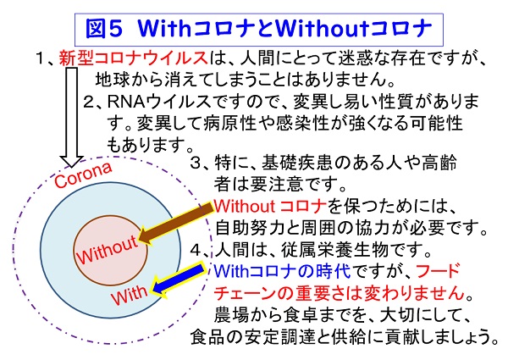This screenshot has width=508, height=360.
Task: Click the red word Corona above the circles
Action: [x=83, y=174]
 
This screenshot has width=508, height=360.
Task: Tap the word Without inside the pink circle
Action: [x=107, y=250]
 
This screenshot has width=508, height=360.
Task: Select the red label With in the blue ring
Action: [x=129, y=295]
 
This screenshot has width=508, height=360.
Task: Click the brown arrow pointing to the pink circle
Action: [x=177, y=222]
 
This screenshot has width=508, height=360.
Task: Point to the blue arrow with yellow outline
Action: [x=178, y=280]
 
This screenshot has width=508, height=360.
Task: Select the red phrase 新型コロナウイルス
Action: [x=133, y=58]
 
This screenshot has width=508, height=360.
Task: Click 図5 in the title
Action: [x=104, y=29]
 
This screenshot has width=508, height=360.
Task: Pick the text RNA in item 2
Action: [x=126, y=102]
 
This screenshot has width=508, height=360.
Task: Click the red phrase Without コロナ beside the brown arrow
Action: [x=270, y=206]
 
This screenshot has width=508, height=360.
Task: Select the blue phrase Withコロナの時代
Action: [x=282, y=271]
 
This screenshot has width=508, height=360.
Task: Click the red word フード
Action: [x=438, y=271]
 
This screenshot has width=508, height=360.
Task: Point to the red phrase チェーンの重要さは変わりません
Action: [x=340, y=293]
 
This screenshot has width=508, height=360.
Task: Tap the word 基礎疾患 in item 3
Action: [x=296, y=163]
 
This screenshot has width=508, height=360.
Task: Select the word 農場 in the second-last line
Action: [x=231, y=315]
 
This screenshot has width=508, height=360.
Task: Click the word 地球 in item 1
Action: [x=112, y=80]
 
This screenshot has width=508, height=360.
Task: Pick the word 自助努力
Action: [x=250, y=228]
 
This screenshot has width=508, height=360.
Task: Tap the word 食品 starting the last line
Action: [x=207, y=337]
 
